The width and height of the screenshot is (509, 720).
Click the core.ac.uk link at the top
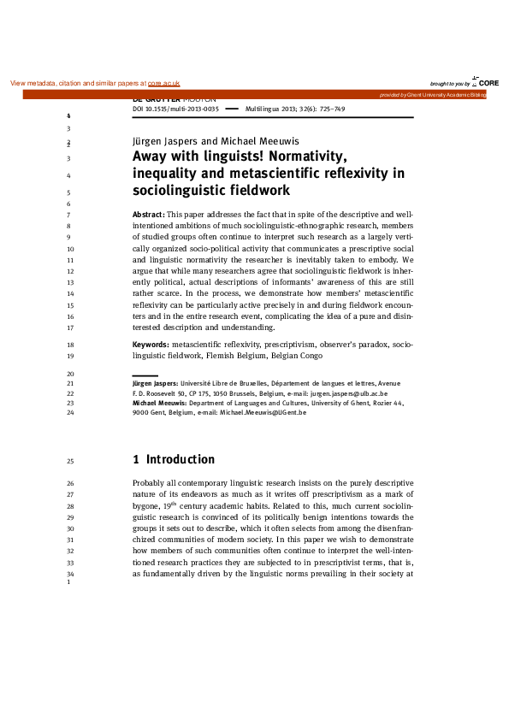tap(164, 84)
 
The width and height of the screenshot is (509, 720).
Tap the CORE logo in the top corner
tap(487, 82)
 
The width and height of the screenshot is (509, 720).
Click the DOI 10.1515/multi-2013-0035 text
tap(176, 110)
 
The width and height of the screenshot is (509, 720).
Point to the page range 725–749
tap(328, 110)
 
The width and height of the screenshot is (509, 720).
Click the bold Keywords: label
tap(151, 344)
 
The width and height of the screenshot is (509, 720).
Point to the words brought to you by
tap(450, 84)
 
